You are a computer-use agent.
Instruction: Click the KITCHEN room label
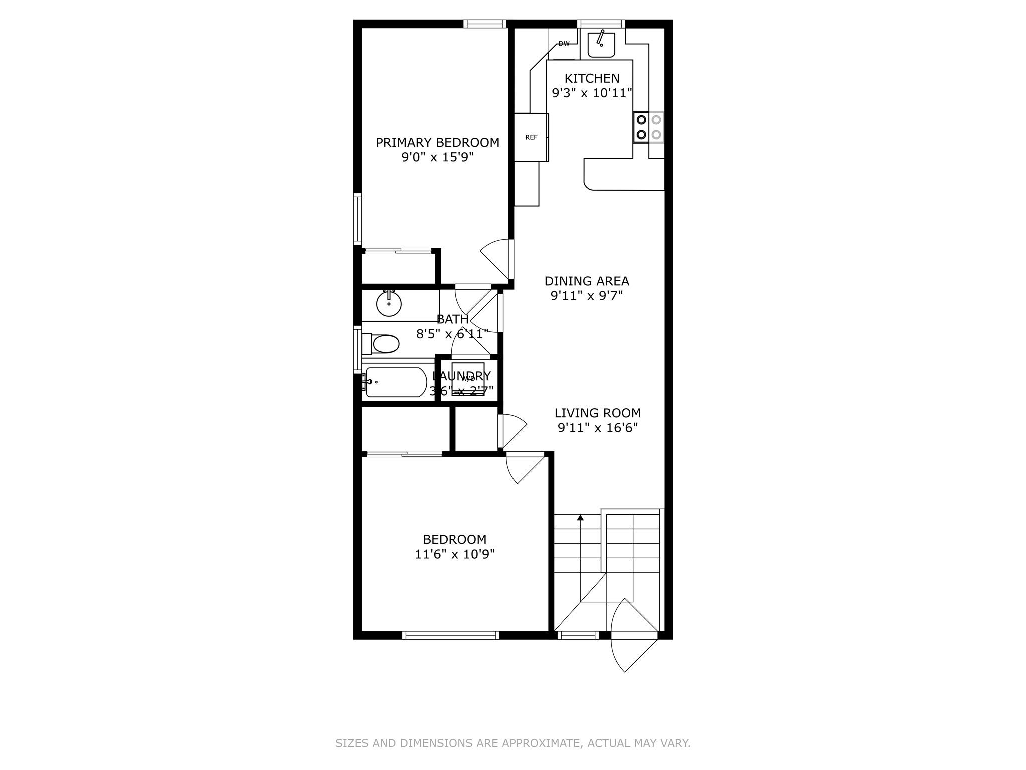coord(592,78)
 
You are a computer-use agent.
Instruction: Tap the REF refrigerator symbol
coord(531,137)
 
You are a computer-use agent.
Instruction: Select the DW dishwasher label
coord(564,44)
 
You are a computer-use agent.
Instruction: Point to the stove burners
coord(649,127)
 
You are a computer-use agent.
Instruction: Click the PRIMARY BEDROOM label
coord(437,143)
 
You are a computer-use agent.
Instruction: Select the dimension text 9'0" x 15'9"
coord(437,157)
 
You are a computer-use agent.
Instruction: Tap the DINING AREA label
coord(587,281)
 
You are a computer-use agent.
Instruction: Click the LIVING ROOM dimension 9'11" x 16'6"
coord(597,428)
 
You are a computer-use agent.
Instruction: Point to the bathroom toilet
coord(382,344)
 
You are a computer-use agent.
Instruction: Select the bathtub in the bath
coord(395,382)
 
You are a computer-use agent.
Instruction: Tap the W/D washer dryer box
coord(468,379)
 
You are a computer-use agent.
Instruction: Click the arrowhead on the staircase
coord(580,517)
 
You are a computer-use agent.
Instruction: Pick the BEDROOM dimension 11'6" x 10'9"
coord(454,554)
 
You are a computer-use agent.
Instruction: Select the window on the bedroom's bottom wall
coord(451,635)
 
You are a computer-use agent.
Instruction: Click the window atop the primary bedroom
coord(484,23)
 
